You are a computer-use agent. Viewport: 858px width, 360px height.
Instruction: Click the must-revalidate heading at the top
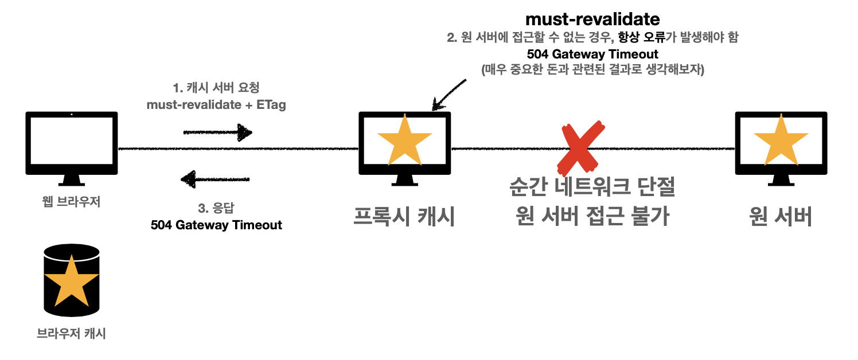pos(592,19)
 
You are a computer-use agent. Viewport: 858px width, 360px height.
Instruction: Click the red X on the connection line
pos(581,147)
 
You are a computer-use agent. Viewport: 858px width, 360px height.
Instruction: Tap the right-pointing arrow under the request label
pos(217,133)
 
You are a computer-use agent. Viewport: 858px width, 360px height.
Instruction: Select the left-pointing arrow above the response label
pos(215,180)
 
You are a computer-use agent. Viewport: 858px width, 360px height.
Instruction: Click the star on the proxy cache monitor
pos(404,140)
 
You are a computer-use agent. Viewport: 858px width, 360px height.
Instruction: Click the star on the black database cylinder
pos(72,281)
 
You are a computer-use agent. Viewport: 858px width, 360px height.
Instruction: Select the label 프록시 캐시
pos(404,217)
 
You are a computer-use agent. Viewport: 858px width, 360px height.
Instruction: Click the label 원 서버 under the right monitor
pos(781,217)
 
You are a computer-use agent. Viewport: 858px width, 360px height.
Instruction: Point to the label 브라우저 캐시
pos(71,333)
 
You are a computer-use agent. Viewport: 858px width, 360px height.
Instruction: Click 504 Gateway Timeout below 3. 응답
pos(216,225)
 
